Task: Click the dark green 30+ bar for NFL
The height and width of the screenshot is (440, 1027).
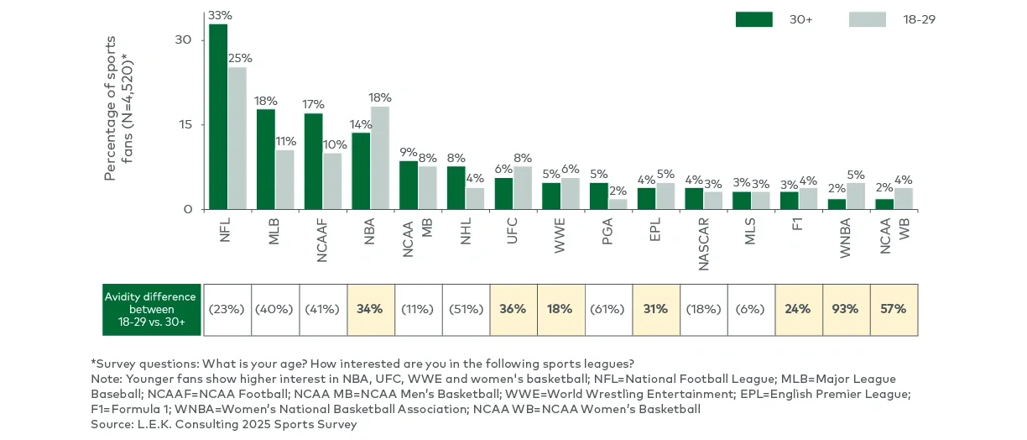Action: click(218, 117)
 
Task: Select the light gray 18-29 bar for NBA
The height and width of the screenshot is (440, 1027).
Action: click(380, 158)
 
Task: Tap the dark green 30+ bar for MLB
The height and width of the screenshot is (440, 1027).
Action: click(266, 160)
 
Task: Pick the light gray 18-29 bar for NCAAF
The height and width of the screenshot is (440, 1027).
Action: click(333, 181)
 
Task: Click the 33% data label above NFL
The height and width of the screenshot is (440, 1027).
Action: click(220, 15)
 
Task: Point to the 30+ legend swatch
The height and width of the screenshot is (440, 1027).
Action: click(753, 19)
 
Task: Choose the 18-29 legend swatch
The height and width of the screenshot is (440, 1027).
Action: click(867, 19)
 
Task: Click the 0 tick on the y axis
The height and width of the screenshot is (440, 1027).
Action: click(188, 209)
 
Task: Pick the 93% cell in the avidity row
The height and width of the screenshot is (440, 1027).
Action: click(847, 309)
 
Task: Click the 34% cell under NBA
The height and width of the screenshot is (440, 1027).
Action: click(370, 309)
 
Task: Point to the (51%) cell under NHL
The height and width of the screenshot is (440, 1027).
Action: click(466, 309)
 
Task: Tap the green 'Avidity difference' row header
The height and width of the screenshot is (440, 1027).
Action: click(151, 309)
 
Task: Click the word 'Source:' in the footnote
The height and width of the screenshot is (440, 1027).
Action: click(112, 424)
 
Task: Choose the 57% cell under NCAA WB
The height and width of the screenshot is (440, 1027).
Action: click(894, 309)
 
